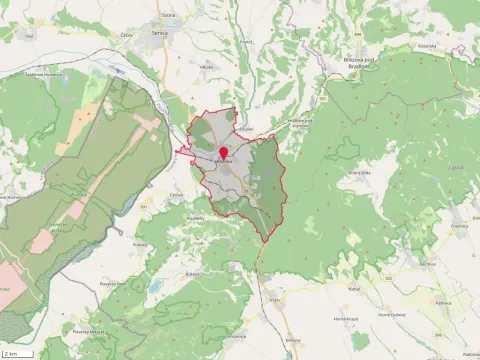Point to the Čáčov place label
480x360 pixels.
click(x=127, y=33)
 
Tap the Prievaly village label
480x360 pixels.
click(x=140, y=243)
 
